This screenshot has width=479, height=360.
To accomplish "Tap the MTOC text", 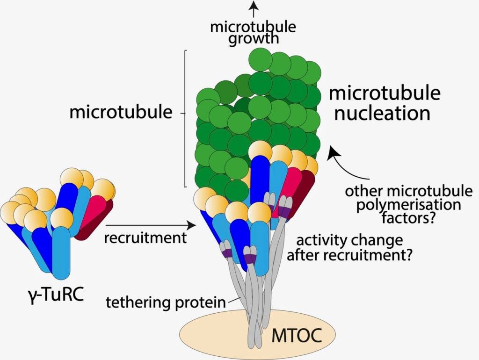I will pyautogui.click(x=297, y=335).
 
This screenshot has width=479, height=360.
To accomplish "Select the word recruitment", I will pyautogui.click(x=145, y=238).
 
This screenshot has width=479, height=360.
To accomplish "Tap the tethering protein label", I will pyautogui.click(x=166, y=302).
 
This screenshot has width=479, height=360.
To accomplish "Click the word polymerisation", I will pyautogui.click(x=409, y=205).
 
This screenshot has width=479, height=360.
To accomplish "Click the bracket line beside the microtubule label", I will pyautogui.click(x=186, y=117).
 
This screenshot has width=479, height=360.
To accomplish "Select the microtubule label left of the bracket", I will pyautogui.click(x=121, y=113).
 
